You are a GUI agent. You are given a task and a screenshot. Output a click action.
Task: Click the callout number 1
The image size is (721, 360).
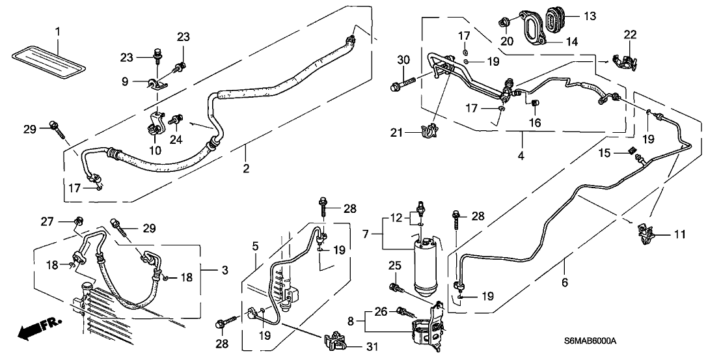pos(57,30)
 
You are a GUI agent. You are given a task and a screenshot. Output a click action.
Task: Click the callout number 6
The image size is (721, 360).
pos(565,282)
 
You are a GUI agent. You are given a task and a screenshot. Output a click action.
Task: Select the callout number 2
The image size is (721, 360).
pos(246,169)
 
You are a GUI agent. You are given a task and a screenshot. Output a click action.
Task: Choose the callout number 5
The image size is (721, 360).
pos(256,246)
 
